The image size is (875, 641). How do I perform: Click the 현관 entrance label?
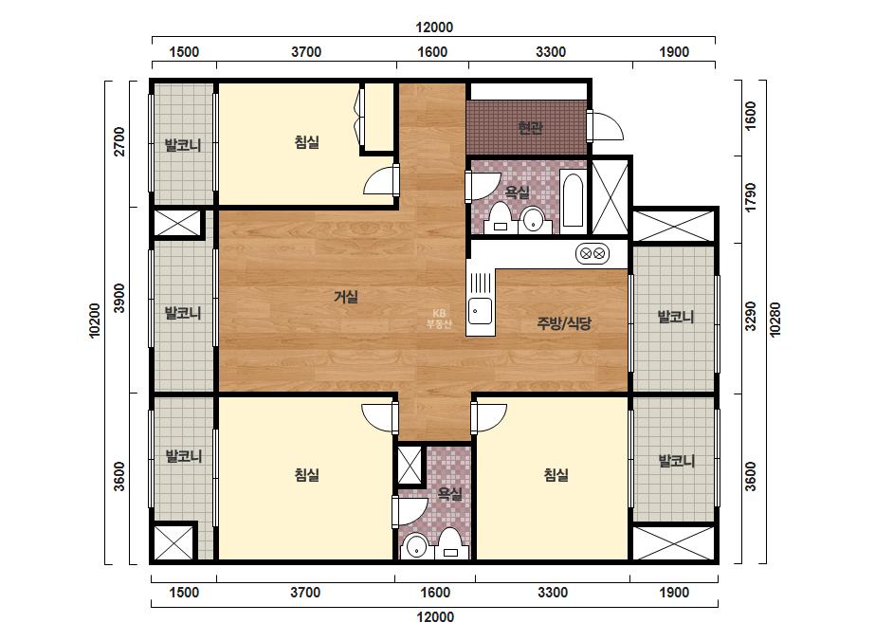point(530,128)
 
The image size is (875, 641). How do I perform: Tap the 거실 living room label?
point(346,297)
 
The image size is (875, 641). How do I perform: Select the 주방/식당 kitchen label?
point(564,322)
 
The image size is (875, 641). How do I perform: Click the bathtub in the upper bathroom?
point(572,201)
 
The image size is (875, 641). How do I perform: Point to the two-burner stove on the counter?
point(592,254)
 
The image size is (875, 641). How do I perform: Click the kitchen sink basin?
point(480,311)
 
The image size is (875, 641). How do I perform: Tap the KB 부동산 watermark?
point(439,319)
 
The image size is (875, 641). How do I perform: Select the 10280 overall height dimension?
point(775,319)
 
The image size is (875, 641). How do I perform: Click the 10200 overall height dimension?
point(94,320)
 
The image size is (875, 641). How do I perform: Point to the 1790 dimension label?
point(751,197)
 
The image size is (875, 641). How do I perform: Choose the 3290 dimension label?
point(751,316)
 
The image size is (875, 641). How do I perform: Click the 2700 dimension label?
point(119,141)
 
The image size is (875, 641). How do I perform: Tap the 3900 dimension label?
point(119,298)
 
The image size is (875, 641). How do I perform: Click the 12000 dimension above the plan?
point(434,27)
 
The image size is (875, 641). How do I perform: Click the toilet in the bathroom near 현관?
point(500,218)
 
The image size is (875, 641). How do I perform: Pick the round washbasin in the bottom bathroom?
point(414,547)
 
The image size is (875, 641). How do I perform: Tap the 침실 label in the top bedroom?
point(307,142)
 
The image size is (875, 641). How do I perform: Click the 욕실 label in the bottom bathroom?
point(449,494)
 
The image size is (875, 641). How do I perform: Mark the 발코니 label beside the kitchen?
point(676,317)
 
